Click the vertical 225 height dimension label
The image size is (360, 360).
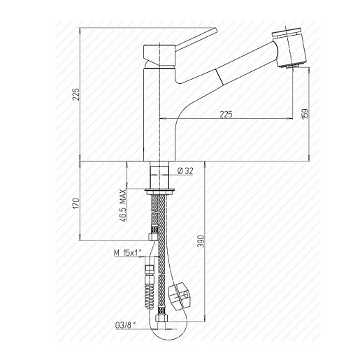coord(76,94)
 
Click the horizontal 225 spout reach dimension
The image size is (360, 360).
coord(226,115)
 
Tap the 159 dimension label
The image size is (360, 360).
coord(305,114)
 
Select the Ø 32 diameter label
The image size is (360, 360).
coord(185,171)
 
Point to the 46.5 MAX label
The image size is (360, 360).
coord(123,206)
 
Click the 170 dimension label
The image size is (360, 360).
coord(76,203)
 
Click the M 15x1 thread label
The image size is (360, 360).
coord(127,252)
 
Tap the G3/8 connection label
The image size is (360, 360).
coord(125,325)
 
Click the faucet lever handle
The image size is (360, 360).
coord(196,39)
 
